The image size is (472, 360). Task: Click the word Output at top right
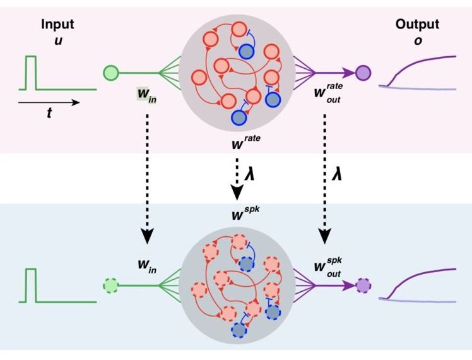click(416, 25)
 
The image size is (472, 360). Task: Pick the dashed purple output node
click(362, 285)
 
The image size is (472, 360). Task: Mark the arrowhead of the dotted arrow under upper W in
click(147, 237)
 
